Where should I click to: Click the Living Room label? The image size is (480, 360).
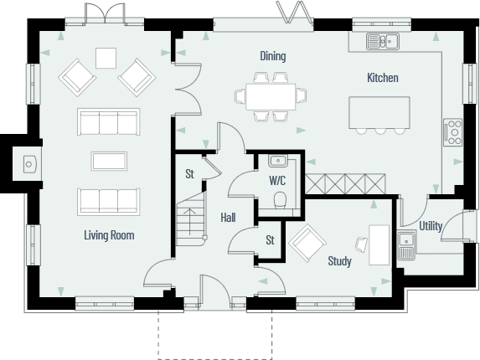click(109, 235)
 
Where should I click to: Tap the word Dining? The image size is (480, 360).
click(272, 57)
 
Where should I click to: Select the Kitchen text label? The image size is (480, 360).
click(382, 78)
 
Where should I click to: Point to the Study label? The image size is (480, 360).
click(339, 262)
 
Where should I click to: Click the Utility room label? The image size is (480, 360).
click(431, 226)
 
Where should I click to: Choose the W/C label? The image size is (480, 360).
click(277, 180)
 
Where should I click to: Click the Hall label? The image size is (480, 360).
click(228, 218)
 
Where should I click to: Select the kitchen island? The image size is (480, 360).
click(379, 112)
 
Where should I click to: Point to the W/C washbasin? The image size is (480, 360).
click(277, 162)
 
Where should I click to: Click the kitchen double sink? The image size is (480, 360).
click(381, 40)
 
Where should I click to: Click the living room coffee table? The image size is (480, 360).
click(108, 162)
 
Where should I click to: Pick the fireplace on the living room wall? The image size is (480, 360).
click(28, 163)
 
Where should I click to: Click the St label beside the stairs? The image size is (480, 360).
click(190, 175)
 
